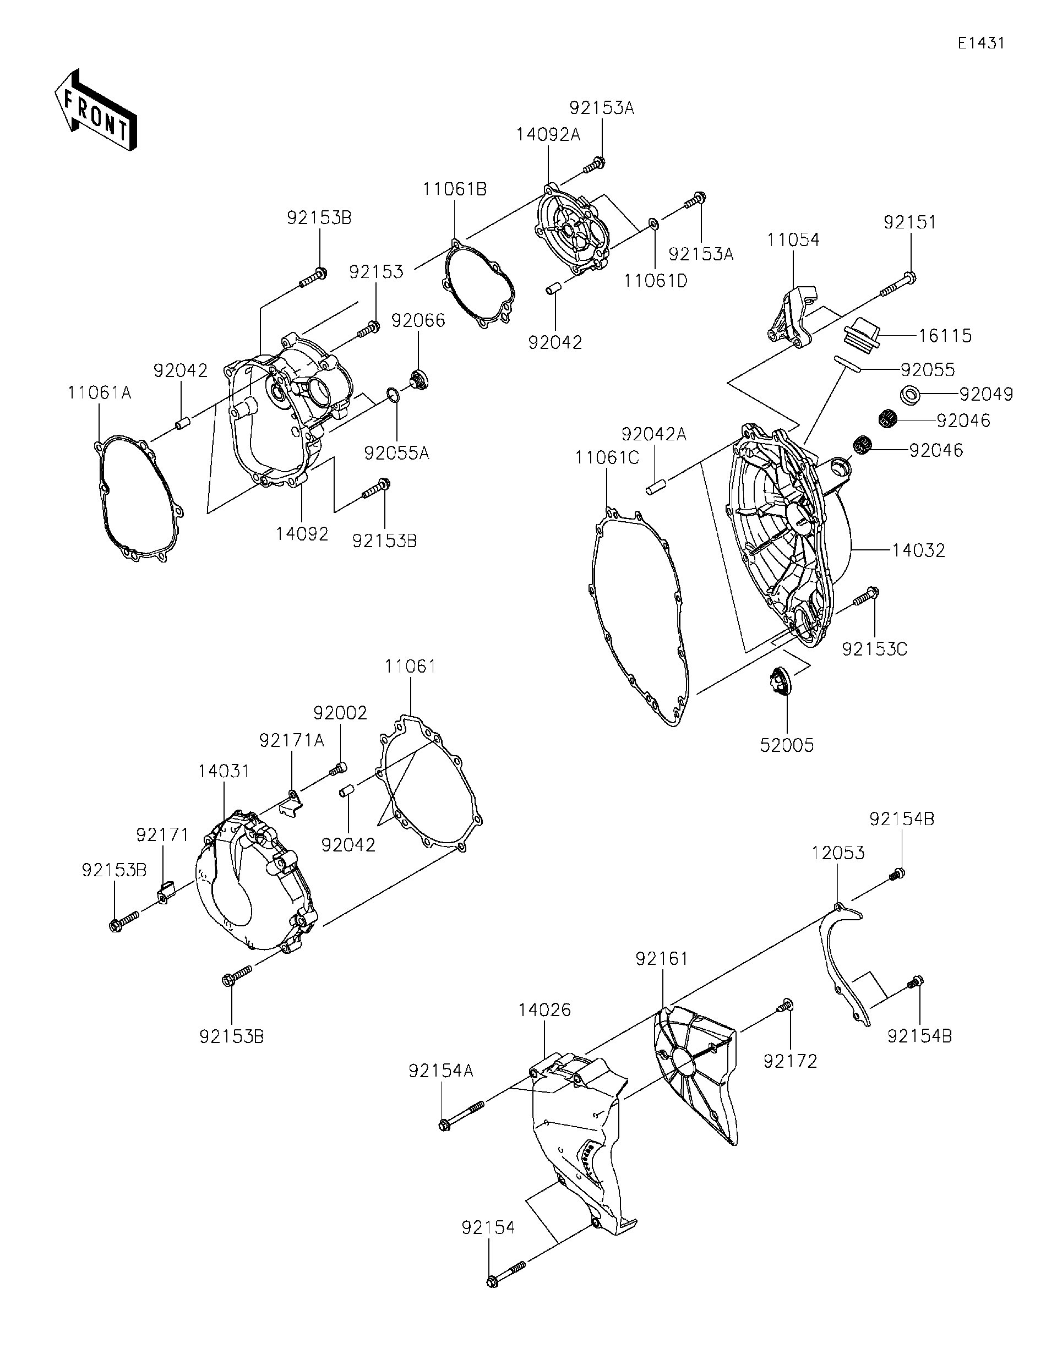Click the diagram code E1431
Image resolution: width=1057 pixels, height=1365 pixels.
[x=980, y=43]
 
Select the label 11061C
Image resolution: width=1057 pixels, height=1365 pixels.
[x=606, y=458]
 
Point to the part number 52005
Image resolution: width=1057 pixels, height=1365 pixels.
[x=786, y=745]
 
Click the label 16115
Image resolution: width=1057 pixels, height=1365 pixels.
[x=945, y=336]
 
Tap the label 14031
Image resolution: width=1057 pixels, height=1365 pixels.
[x=224, y=771]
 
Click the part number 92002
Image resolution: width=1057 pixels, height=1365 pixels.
[x=340, y=713]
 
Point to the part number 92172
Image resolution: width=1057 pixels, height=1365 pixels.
[x=790, y=1061]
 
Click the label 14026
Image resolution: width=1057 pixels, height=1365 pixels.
[x=544, y=1010]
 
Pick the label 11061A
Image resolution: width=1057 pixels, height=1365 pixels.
[x=100, y=392]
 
